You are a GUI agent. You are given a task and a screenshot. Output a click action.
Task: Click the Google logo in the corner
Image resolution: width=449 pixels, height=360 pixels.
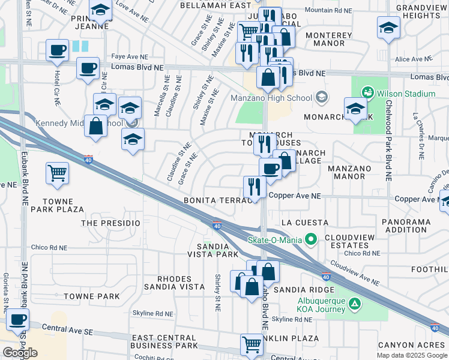point(20,353)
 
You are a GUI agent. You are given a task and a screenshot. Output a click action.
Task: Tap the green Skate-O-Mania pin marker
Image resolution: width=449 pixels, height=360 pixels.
point(310,240)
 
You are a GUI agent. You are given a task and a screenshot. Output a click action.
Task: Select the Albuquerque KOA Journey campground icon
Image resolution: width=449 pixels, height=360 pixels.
point(355,304)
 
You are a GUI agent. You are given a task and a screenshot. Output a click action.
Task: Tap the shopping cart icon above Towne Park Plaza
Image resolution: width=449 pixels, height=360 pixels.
point(57,173)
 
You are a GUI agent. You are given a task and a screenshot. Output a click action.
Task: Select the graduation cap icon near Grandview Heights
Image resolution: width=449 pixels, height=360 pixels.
point(388,28)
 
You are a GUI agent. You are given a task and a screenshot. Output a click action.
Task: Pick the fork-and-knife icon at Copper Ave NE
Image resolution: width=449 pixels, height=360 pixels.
point(255,187)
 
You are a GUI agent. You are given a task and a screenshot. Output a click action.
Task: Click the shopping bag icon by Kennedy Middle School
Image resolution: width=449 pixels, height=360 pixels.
point(96,126)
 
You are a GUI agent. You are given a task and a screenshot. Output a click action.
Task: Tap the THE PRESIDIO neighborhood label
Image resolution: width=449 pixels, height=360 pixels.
point(110,223)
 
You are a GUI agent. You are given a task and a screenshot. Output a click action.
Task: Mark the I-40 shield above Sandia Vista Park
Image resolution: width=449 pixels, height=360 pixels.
point(217,225)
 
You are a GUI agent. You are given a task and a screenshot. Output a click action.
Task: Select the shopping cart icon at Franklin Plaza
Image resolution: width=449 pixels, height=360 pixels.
point(251,344)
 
